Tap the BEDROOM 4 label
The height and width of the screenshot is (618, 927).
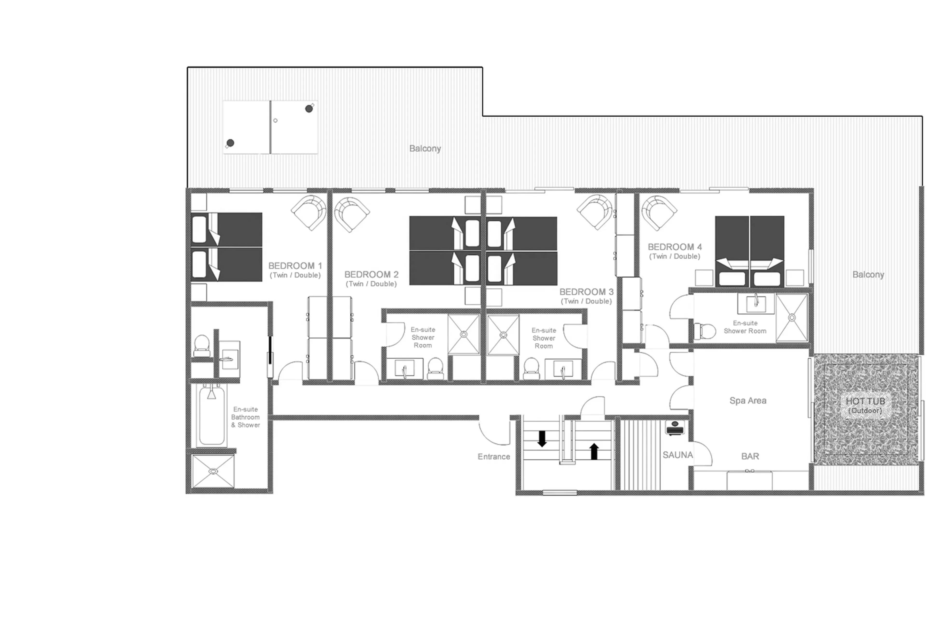(x=674, y=247)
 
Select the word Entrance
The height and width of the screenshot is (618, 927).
(x=494, y=456)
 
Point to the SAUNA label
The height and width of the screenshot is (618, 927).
(x=677, y=455)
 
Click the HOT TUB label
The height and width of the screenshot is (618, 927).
(x=865, y=401)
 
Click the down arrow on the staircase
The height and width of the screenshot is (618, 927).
(x=542, y=438)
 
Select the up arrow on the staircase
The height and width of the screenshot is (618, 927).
(x=594, y=451)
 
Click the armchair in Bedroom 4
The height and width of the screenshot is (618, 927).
(x=659, y=213)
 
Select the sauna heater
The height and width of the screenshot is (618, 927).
(x=675, y=428)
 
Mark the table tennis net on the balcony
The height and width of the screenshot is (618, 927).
(x=270, y=127)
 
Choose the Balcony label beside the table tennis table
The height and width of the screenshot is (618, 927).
(x=425, y=149)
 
